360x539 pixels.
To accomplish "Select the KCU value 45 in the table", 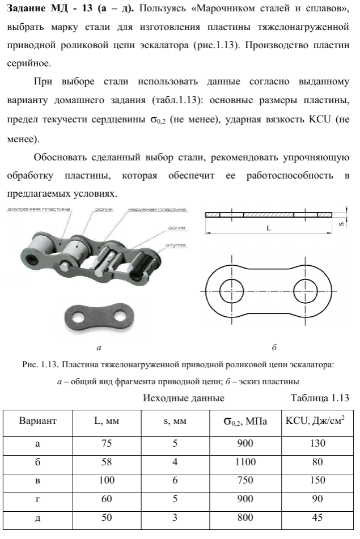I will [x=317, y=517].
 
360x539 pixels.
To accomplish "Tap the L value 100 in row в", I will [x=107, y=481].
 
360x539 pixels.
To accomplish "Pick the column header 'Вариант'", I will [x=38, y=422].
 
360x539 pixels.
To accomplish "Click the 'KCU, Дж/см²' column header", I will [x=317, y=422].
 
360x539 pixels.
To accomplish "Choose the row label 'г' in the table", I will [x=38, y=499].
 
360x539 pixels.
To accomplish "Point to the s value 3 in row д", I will [x=175, y=517].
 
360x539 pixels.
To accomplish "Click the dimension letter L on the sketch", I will [x=268, y=227].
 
